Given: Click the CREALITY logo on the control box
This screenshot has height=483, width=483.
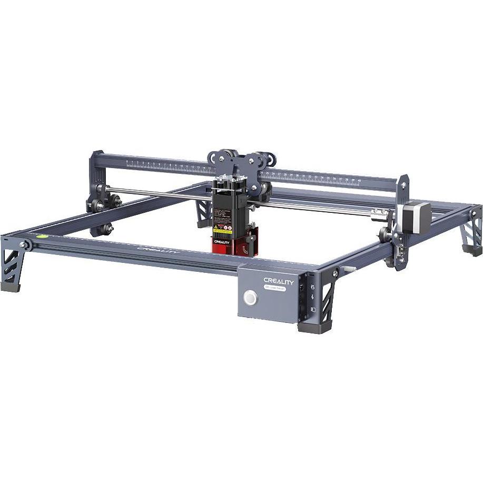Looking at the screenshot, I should click(x=280, y=282).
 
